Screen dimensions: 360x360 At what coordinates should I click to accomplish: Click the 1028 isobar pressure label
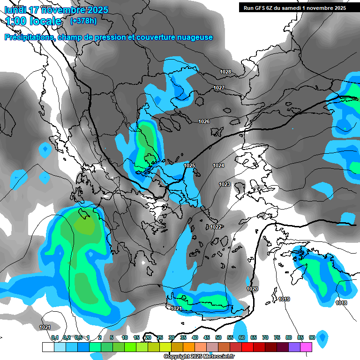225,72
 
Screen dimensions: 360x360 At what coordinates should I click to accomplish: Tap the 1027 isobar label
219,88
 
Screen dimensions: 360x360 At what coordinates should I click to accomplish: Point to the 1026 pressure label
204,122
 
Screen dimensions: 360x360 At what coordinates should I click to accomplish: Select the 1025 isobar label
189,166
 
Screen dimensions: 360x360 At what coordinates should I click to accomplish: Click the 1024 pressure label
218,166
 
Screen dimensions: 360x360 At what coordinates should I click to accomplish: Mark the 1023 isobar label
225,185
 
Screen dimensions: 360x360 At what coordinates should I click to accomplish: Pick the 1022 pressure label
216,227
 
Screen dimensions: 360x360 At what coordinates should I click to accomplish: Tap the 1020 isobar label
252,289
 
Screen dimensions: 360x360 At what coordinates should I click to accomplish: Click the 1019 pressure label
284,300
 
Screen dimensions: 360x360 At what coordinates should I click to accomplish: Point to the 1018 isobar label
341,303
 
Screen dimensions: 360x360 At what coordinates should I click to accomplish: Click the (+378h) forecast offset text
83,21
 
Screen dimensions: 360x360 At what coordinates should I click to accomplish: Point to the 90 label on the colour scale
312,337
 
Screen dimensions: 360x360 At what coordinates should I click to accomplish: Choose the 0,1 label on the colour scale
55,337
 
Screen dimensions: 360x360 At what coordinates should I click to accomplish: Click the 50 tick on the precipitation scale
218,337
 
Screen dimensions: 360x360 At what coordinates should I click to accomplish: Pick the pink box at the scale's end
306,347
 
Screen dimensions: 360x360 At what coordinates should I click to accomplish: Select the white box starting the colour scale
48,347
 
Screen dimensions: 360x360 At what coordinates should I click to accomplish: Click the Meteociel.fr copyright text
199,357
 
